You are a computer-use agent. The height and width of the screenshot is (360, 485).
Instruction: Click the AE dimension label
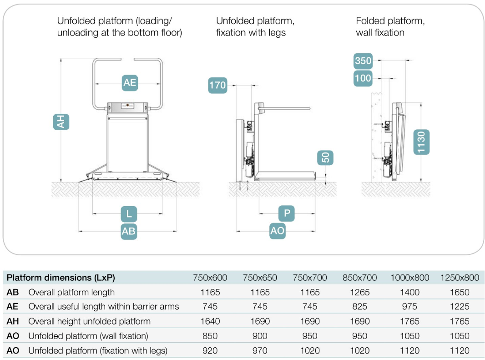[x=130, y=83]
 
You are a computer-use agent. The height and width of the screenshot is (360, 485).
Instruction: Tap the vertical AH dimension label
[x=61, y=122]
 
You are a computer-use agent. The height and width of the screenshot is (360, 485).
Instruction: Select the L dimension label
[x=129, y=214]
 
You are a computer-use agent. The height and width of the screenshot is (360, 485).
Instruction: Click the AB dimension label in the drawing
[x=129, y=231]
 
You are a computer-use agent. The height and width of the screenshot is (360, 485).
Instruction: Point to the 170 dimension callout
[x=218, y=85]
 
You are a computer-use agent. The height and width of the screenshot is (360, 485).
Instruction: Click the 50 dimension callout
[x=325, y=158]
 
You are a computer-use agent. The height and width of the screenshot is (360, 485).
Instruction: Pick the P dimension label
[x=287, y=213]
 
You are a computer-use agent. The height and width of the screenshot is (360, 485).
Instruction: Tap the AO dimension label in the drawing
[x=277, y=231]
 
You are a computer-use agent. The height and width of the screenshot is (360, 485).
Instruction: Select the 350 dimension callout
[x=363, y=61]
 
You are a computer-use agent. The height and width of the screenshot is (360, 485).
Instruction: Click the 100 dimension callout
[x=363, y=78]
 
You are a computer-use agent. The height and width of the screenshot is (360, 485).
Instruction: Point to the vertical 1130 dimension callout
[x=421, y=142]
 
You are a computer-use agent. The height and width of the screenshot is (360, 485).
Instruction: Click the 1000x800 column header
[x=409, y=278]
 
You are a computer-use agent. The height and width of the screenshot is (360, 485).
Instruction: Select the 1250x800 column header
[x=460, y=278]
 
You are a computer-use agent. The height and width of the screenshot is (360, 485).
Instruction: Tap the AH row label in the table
[x=13, y=321]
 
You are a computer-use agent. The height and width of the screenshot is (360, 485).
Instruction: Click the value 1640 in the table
[x=210, y=321]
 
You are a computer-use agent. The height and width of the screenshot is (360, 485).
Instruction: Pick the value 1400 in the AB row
[x=410, y=292]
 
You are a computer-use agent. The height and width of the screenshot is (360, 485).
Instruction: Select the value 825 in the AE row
[x=360, y=306]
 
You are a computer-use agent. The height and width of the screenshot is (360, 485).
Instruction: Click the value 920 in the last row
[x=210, y=351]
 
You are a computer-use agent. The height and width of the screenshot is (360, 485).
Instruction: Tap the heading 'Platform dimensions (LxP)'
[x=61, y=278]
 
